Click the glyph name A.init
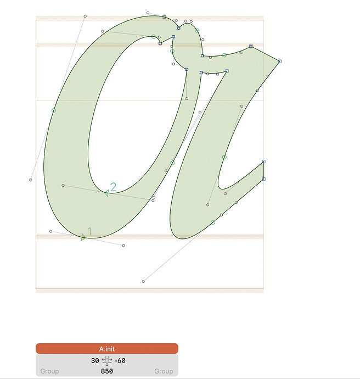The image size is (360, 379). pyautogui.click(x=107, y=349)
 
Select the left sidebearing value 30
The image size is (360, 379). pyautogui.click(x=95, y=361)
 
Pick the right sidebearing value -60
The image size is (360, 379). pyautogui.click(x=120, y=361)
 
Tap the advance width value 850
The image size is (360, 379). pyautogui.click(x=107, y=371)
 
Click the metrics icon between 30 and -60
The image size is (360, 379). pyautogui.click(x=106, y=361)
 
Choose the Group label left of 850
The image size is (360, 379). pyautogui.click(x=49, y=371)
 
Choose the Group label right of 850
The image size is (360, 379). pyautogui.click(x=164, y=371)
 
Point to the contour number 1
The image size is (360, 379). pyautogui.click(x=89, y=231)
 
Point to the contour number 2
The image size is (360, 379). pyautogui.click(x=113, y=187)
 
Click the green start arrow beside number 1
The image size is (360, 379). pyautogui.click(x=83, y=237)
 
